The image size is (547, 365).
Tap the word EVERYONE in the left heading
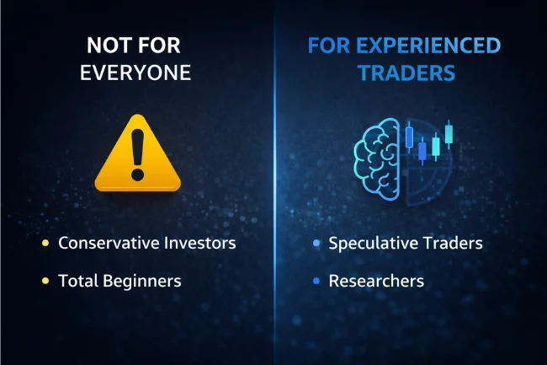click(135, 72)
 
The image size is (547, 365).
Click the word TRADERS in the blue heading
click(407, 72)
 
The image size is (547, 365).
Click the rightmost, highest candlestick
click(449, 133)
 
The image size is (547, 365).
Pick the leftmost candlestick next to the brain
click(408, 137)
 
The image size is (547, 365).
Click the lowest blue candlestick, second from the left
click(422, 152)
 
